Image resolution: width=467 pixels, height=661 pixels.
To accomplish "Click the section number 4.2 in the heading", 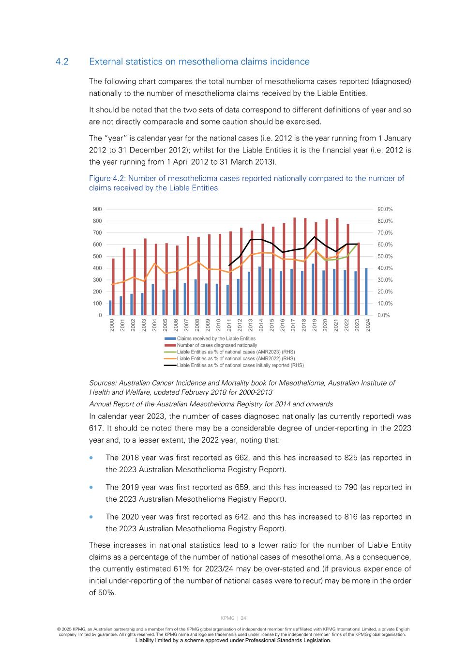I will [x=62, y=61].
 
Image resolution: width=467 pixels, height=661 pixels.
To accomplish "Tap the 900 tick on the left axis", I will [x=97, y=209].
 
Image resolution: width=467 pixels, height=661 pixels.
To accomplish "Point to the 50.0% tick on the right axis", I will [x=385, y=256].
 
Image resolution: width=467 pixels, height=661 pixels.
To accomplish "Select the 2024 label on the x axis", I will [x=368, y=325].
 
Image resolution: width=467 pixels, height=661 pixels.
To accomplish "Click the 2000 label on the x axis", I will [x=112, y=325].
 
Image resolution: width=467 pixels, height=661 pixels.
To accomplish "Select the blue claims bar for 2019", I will [x=313, y=289].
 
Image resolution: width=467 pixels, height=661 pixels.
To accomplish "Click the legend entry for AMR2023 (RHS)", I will [x=236, y=352].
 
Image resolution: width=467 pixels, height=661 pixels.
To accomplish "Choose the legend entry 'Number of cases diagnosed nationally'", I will [x=217, y=345].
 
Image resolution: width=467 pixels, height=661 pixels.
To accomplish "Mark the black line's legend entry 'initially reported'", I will [x=240, y=366].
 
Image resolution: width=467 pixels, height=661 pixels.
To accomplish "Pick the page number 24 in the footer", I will [x=243, y=618].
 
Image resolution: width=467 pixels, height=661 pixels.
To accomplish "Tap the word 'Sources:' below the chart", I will [x=103, y=383].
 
